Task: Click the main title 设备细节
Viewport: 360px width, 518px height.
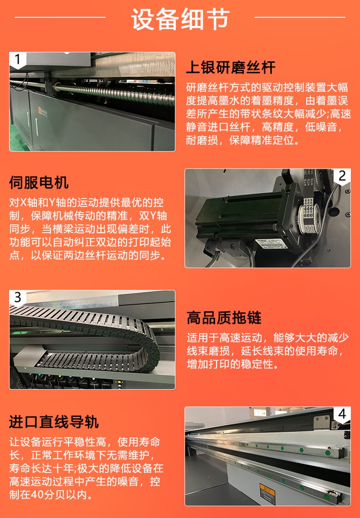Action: tap(180, 19)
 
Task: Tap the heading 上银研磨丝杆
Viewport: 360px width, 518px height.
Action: tap(230, 68)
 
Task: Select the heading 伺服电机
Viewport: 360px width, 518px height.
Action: tap(39, 182)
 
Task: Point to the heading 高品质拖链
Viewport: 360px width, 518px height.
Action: tap(224, 318)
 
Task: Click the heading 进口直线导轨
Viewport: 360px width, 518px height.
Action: tap(54, 422)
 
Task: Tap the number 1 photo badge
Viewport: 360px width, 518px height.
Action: tap(18, 60)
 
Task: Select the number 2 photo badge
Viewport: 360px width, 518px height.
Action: tap(342, 176)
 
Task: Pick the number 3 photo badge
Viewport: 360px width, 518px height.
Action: tap(18, 297)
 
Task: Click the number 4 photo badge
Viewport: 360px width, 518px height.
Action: tap(342, 413)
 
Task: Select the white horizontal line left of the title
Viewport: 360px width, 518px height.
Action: tap(60, 17)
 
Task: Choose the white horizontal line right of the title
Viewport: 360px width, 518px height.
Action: tap(300, 17)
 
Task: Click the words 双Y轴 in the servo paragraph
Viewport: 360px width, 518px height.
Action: tap(153, 215)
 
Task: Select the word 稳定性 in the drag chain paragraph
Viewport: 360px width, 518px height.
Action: tap(257, 364)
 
